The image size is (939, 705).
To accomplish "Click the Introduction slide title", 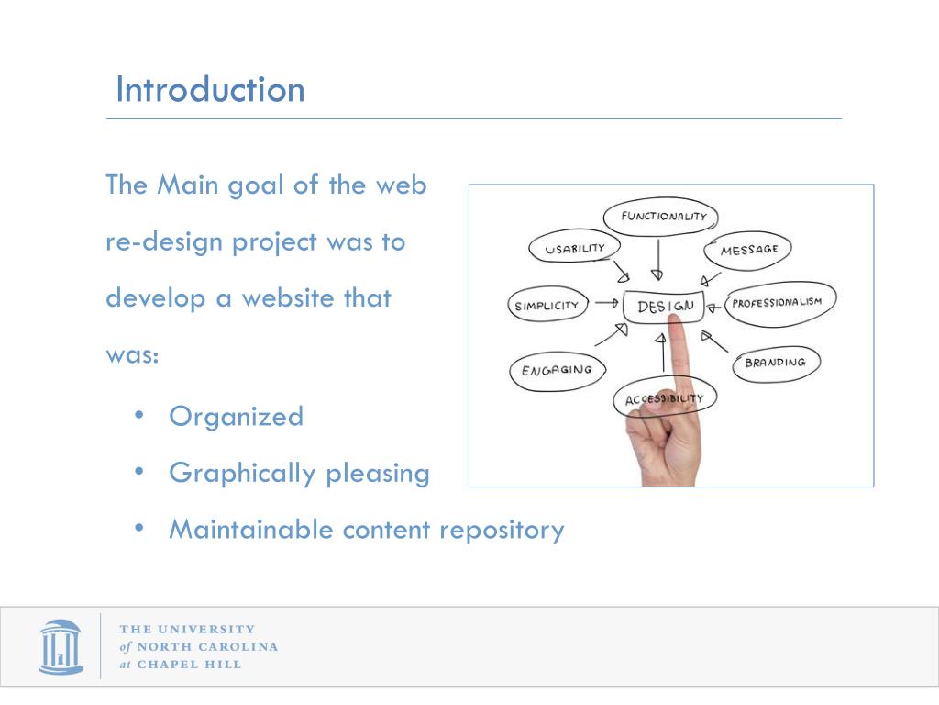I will [210, 90].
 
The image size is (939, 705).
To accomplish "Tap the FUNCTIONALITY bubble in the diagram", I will [660, 218].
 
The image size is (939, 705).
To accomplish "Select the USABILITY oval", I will [575, 249].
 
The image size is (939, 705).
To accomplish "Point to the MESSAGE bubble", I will [748, 251].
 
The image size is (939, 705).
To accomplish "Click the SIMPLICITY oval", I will [547, 306].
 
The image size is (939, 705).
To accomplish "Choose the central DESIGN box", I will [664, 307].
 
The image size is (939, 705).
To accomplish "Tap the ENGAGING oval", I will [557, 371].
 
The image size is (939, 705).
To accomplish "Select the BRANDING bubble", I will [775, 363].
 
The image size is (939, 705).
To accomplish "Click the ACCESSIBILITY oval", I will [664, 399].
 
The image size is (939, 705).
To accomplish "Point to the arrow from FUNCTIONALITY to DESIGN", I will [657, 259].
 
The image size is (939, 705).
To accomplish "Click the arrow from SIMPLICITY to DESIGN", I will [606, 302].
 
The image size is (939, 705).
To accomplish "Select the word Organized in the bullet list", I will [236, 417].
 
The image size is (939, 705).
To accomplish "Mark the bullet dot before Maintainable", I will [139, 528].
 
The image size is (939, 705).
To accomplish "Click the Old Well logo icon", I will [61, 646].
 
